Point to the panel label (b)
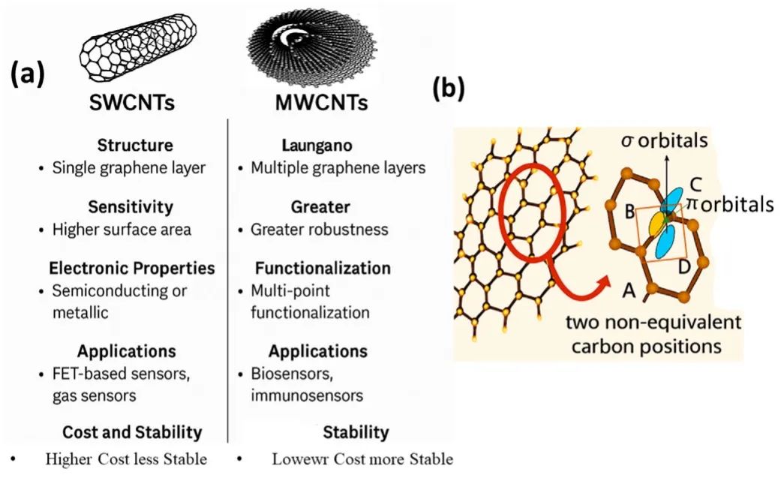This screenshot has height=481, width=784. click(449, 88)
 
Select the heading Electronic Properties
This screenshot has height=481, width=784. click(132, 268)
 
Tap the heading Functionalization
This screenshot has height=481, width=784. click(323, 268)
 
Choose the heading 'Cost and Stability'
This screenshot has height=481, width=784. click(132, 432)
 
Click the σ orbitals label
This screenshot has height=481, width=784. click(667, 140)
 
